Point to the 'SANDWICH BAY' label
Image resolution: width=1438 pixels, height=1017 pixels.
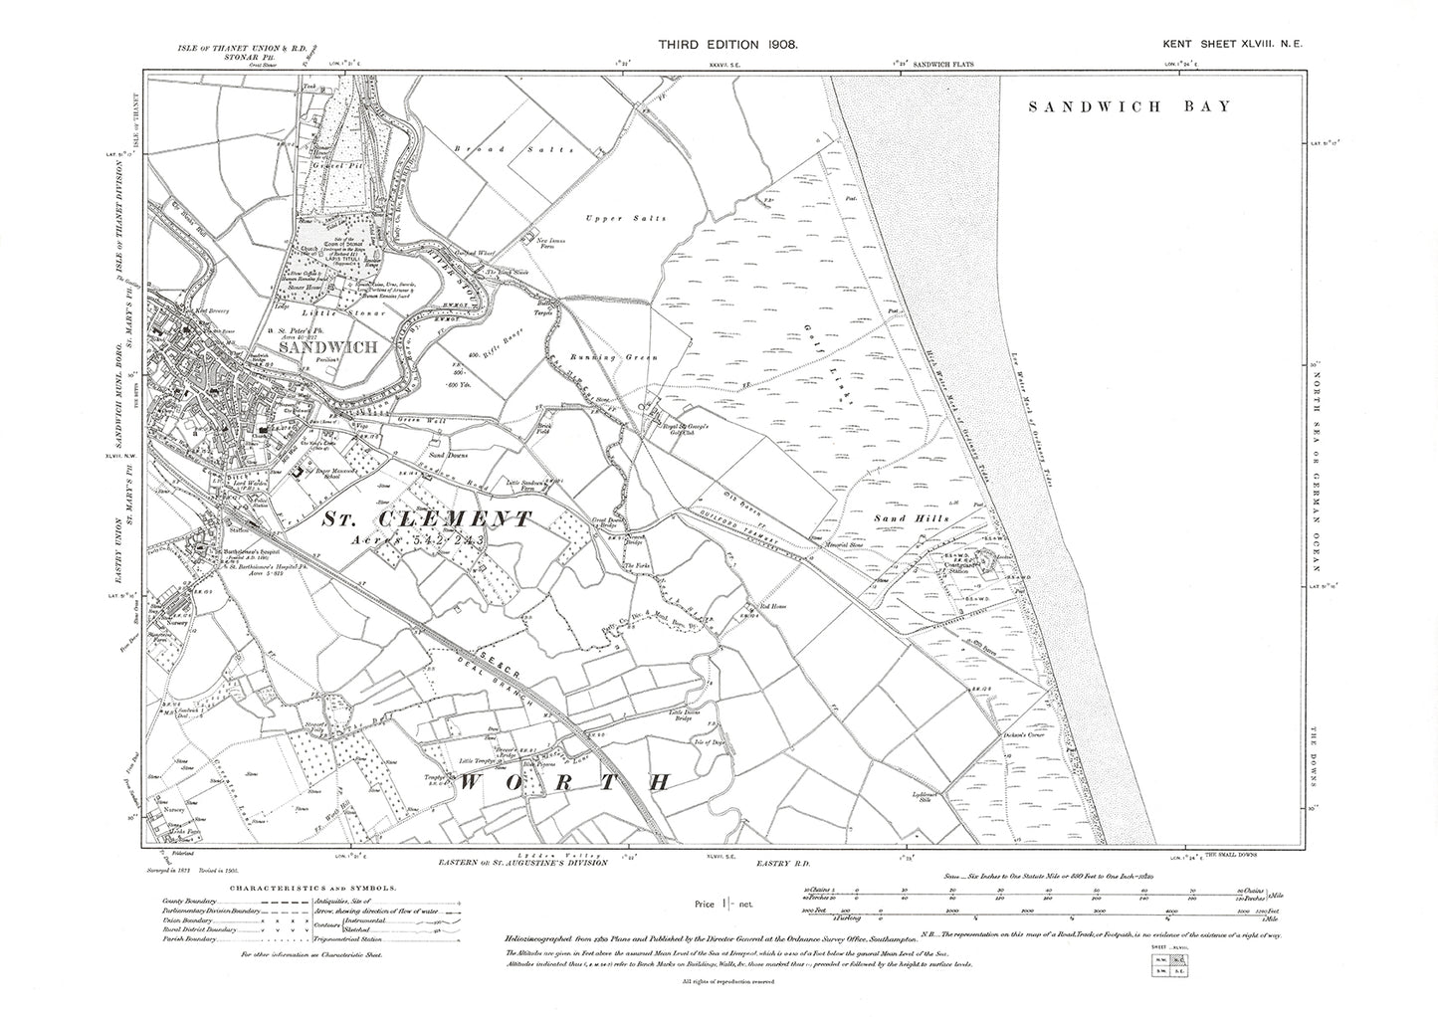pos(1130,107)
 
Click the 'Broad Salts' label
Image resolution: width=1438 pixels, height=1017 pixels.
pos(514,149)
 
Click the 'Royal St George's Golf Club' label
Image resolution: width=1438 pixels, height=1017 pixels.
pos(686,430)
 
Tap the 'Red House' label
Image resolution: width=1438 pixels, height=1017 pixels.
pos(773,605)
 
